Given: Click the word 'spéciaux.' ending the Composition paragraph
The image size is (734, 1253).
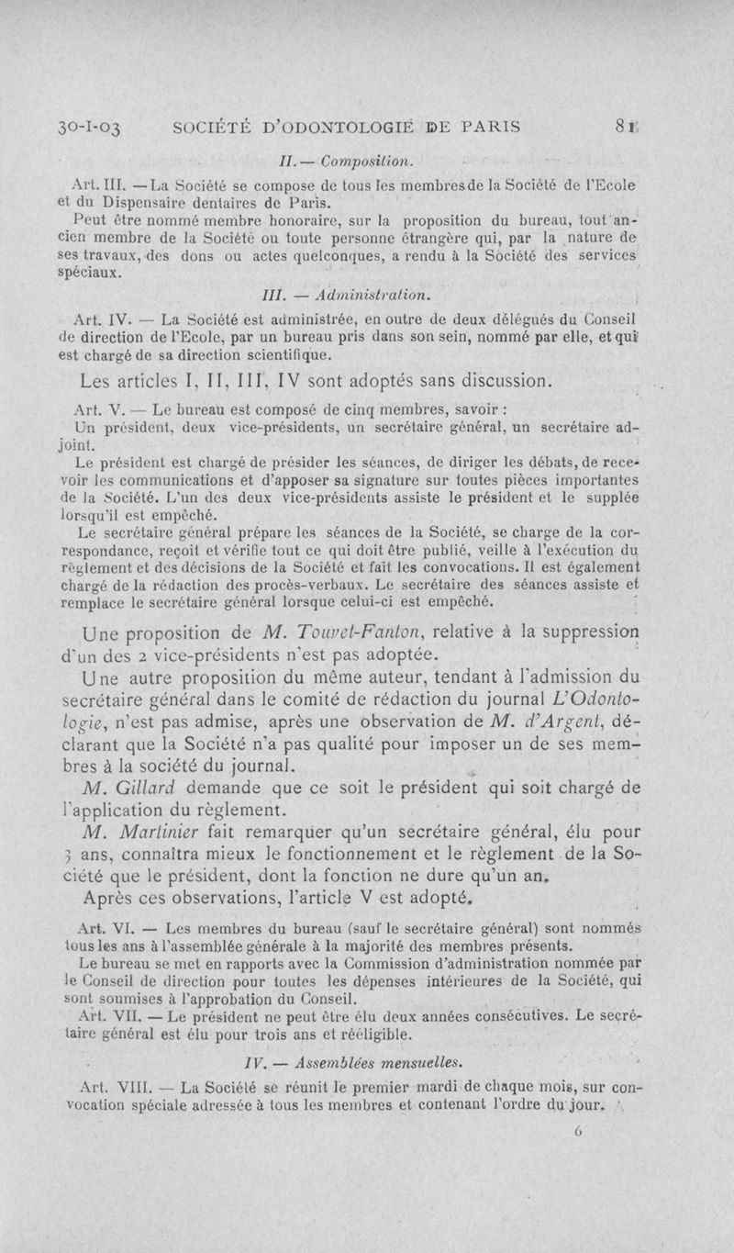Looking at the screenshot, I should coord(101,274).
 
